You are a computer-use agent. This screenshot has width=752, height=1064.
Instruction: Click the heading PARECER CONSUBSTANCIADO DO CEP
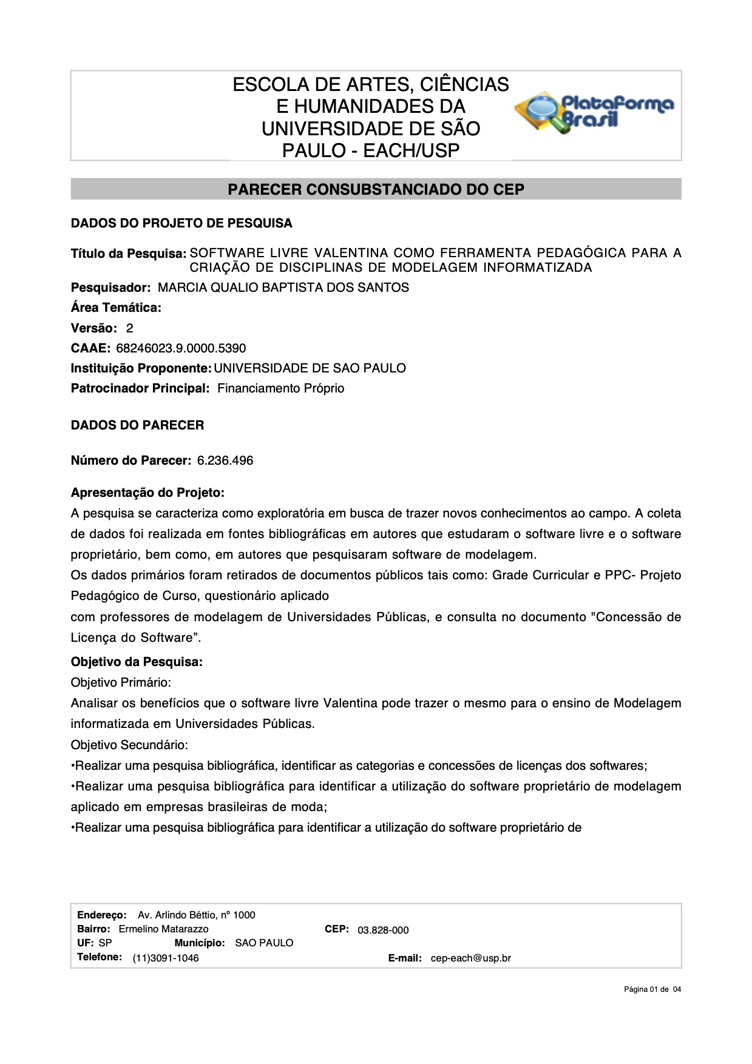pyautogui.click(x=376, y=189)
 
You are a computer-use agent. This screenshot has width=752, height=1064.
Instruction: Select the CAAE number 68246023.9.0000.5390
pyautogui.click(x=181, y=348)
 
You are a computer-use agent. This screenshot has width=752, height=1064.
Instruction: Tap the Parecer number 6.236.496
pyautogui.click(x=225, y=460)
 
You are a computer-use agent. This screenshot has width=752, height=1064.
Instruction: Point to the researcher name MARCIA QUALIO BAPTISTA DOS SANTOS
pyautogui.click(x=283, y=288)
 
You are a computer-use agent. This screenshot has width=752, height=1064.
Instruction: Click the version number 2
pyautogui.click(x=129, y=328)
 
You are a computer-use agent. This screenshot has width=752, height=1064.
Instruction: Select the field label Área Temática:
pyautogui.click(x=116, y=308)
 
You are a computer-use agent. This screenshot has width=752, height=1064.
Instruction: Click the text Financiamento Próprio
pyautogui.click(x=280, y=388)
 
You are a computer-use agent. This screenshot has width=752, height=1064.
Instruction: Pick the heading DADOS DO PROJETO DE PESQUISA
pyautogui.click(x=181, y=223)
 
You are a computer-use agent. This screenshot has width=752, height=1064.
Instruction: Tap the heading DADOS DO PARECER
pyautogui.click(x=137, y=425)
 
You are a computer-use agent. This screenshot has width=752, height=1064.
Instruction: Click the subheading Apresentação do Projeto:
pyautogui.click(x=147, y=492)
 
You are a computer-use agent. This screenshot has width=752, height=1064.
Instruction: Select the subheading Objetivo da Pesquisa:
pyautogui.click(x=137, y=662)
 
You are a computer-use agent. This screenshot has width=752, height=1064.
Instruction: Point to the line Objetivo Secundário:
pyautogui.click(x=129, y=744)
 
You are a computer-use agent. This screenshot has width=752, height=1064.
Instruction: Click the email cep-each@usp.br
pyautogui.click(x=470, y=958)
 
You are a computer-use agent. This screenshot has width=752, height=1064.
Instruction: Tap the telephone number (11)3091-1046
pyautogui.click(x=166, y=958)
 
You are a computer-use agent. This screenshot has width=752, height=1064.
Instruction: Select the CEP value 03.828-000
pyautogui.click(x=383, y=930)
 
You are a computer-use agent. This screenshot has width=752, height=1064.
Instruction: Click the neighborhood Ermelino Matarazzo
pyautogui.click(x=163, y=929)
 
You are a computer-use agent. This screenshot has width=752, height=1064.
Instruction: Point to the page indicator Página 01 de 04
pyautogui.click(x=652, y=989)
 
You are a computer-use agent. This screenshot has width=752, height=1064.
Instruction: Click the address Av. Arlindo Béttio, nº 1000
pyautogui.click(x=196, y=915)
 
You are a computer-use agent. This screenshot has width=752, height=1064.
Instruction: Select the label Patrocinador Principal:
pyautogui.click(x=140, y=388)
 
